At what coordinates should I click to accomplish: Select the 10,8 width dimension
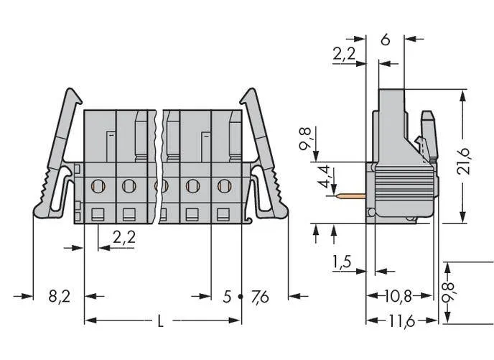click(399, 296)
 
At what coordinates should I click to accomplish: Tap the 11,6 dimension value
click(401, 321)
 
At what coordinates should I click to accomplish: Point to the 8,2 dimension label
click(59, 297)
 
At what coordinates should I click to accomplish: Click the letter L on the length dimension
click(161, 321)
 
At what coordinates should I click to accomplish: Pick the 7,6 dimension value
click(260, 297)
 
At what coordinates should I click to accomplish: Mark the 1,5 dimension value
click(342, 262)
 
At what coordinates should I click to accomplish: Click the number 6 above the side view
click(386, 40)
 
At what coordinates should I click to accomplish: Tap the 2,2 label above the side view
click(344, 54)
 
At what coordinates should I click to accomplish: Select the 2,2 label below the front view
click(124, 237)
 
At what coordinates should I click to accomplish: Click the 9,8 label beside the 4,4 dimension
click(305, 139)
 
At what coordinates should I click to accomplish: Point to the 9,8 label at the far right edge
click(448, 293)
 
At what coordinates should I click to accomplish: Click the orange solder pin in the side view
click(350, 196)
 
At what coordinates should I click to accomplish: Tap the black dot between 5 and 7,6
click(241, 297)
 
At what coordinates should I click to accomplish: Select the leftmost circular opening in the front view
click(98, 186)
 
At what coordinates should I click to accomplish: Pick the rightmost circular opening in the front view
click(224, 186)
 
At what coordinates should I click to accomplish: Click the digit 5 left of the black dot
click(227, 297)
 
